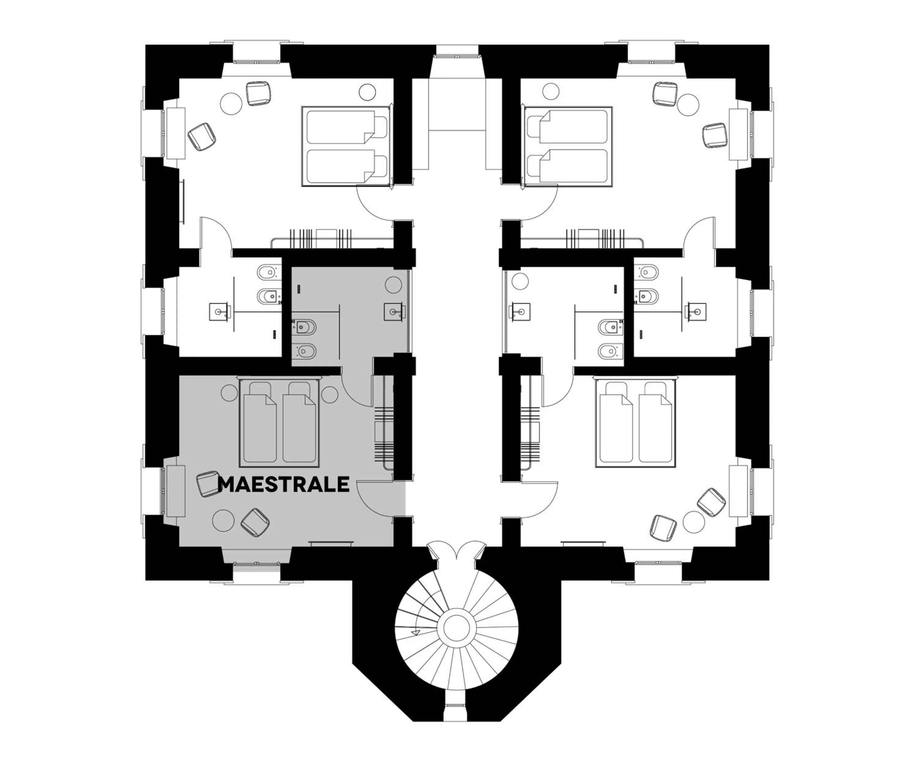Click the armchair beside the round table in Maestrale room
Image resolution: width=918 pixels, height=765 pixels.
click(255, 522)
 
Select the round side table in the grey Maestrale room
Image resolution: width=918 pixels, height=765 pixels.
click(223, 521)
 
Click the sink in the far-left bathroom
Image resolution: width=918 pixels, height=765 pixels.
click(219, 311)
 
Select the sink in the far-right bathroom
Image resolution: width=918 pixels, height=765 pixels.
click(696, 311)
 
